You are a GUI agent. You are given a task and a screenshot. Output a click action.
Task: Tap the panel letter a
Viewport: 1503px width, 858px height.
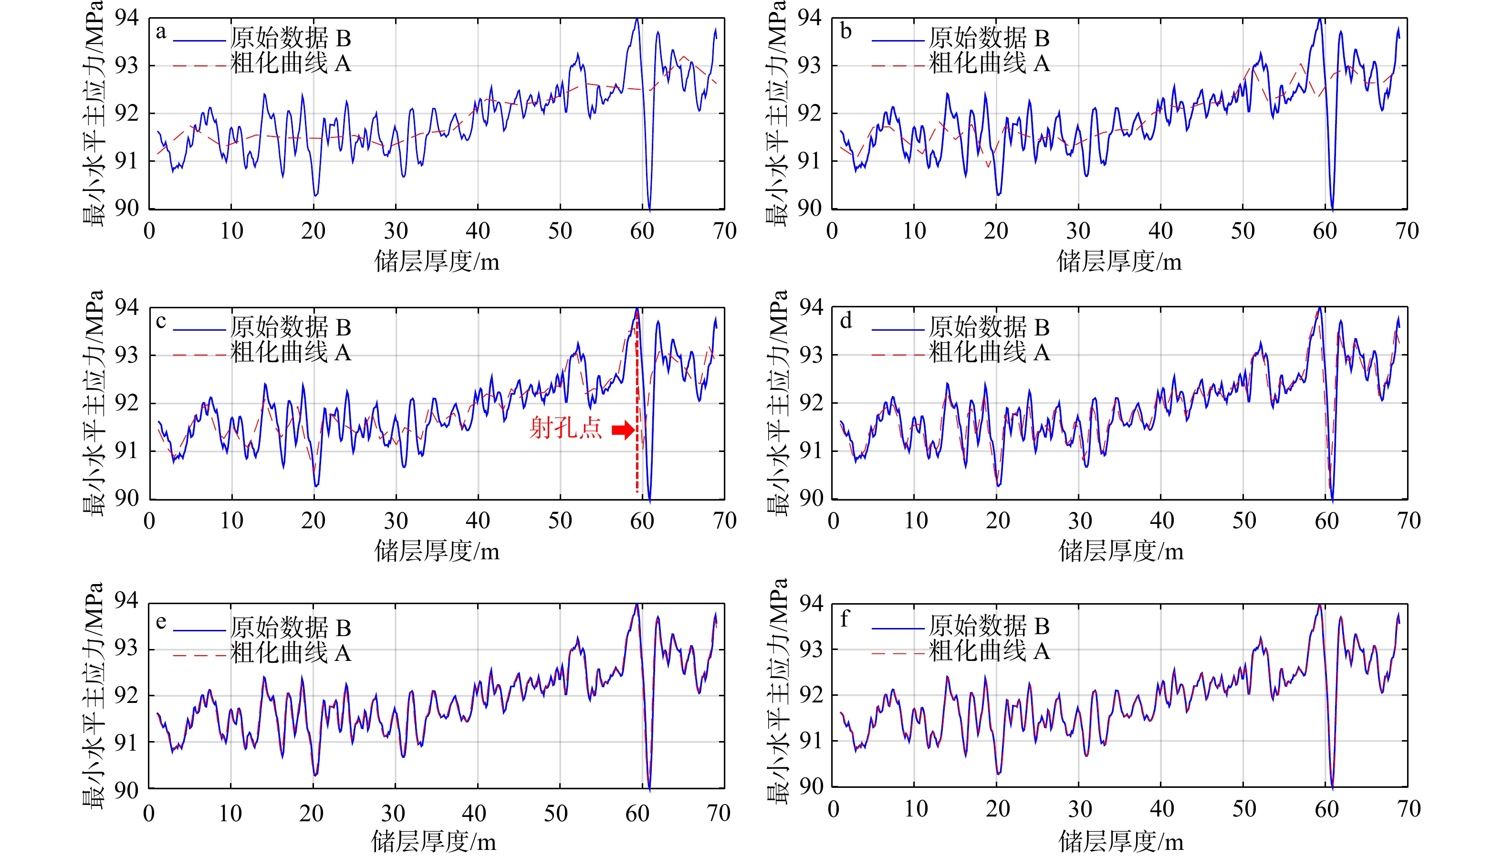click(x=161, y=32)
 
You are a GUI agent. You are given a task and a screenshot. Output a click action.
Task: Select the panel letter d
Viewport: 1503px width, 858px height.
click(x=846, y=321)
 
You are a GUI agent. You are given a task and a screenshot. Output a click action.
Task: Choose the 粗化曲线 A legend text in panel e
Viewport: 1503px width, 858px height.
click(x=291, y=653)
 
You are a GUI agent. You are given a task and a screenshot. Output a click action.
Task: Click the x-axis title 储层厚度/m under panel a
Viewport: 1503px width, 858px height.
click(x=437, y=261)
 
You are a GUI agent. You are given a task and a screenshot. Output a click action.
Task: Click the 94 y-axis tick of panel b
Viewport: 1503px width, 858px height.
click(x=810, y=18)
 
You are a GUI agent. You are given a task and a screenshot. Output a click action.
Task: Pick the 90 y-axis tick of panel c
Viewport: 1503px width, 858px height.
click(x=126, y=499)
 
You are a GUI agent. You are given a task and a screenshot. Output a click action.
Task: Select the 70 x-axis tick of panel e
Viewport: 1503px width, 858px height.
click(x=718, y=814)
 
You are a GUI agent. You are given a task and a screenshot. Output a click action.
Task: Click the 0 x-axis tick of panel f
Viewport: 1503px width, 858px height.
click(x=833, y=809)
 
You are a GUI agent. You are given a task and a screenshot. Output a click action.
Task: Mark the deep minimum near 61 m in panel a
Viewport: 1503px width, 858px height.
click(x=649, y=208)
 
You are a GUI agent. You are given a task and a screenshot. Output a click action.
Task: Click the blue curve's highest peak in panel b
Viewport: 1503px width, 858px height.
click(x=1320, y=20)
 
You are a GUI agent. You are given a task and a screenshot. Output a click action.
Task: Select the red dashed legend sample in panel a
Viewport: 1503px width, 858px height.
click(x=199, y=66)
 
